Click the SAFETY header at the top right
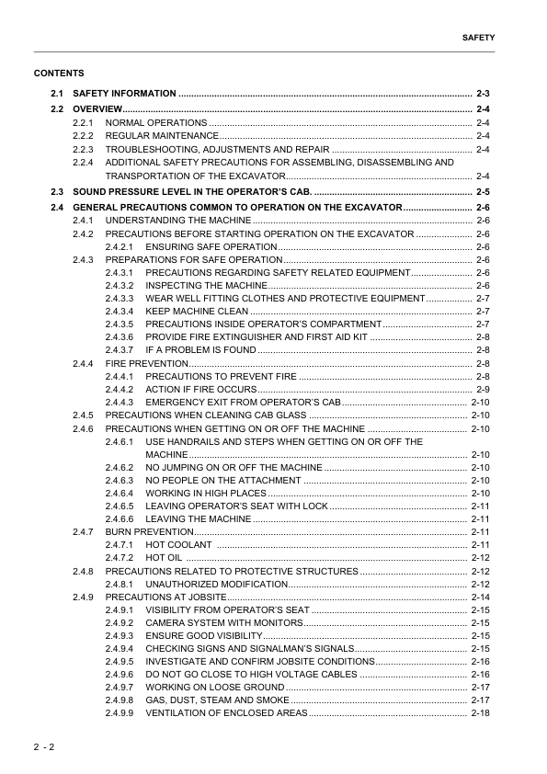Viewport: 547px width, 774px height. tap(478, 39)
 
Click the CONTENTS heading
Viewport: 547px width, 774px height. tap(59, 73)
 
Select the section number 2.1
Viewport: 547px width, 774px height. tap(57, 94)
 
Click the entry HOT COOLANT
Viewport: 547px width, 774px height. tap(175, 545)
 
